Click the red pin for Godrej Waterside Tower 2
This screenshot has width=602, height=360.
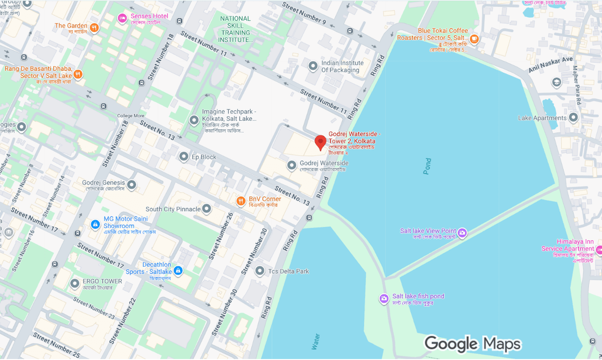pos(321,142)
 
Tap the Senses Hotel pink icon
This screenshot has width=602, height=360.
pos(122,19)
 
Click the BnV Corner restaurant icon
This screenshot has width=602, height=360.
pos(241,201)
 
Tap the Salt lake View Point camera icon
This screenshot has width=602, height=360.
pos(463,233)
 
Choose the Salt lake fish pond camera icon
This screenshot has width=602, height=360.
pos(384,299)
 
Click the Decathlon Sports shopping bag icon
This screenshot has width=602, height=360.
pos(178,271)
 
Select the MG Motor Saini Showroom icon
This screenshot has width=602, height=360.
pos(94,225)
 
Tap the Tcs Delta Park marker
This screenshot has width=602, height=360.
pos(259,271)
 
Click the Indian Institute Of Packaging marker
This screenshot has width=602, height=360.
pos(313,66)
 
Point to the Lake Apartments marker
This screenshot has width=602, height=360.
pos(573,118)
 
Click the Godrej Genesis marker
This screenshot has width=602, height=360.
pos(131,185)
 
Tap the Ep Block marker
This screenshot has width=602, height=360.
pos(184,156)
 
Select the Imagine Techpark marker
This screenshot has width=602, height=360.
pos(194,120)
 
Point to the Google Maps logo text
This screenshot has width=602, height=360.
pos(472,344)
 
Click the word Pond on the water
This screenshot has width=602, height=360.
pos(427,166)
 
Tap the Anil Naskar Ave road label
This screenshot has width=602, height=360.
pos(550,66)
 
